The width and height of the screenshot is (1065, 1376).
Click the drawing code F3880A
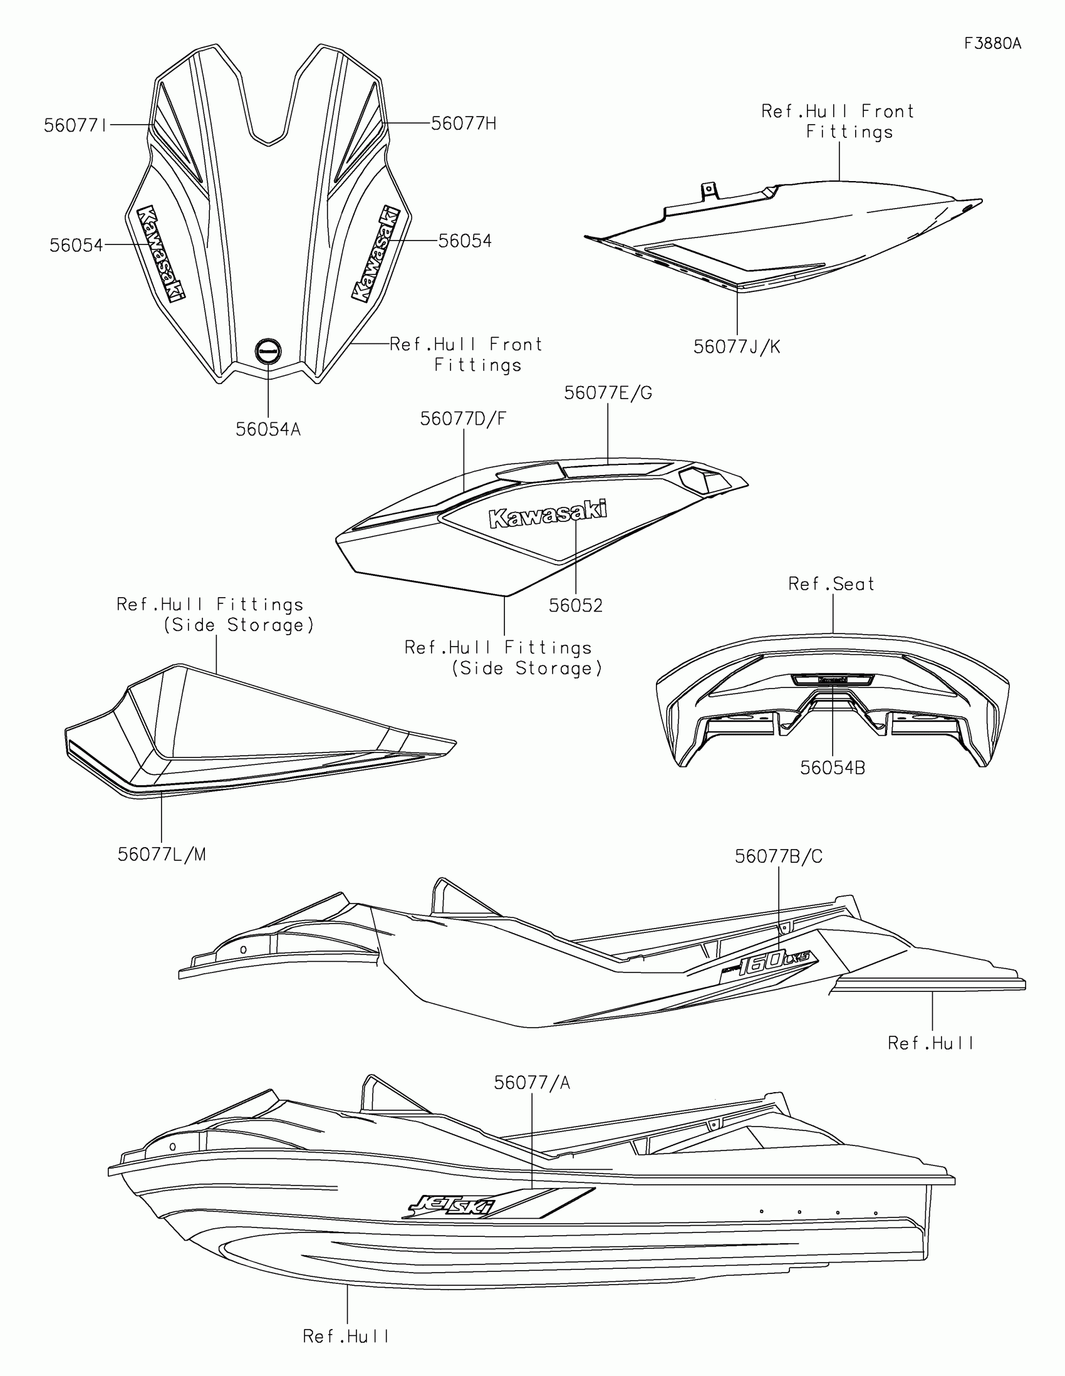pyautogui.click(x=992, y=43)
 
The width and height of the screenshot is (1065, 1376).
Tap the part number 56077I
pyautogui.click(x=76, y=125)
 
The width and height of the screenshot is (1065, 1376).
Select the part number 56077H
pyautogui.click(x=464, y=123)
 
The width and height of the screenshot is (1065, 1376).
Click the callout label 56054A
pyautogui.click(x=268, y=430)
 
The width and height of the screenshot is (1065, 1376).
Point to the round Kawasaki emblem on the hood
pyautogui.click(x=268, y=352)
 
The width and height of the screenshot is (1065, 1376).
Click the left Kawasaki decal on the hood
pyautogui.click(x=161, y=253)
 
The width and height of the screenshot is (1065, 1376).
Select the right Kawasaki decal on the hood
pyautogui.click(x=376, y=253)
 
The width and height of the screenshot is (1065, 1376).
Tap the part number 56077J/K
pyautogui.click(x=736, y=347)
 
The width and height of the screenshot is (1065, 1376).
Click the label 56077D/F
pyautogui.click(x=463, y=419)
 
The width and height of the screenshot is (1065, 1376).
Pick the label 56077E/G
pyautogui.click(x=608, y=393)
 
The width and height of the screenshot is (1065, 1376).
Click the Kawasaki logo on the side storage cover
pyautogui.click(x=548, y=514)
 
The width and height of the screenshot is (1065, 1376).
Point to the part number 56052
pyautogui.click(x=576, y=605)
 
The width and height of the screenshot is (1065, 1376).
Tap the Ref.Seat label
pyautogui.click(x=831, y=584)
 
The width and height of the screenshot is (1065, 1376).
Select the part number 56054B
pyautogui.click(x=832, y=768)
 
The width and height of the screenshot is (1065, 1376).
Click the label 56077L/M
pyautogui.click(x=162, y=854)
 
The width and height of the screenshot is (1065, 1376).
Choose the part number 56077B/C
pyautogui.click(x=779, y=856)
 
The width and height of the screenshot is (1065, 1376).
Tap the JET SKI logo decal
pyautogui.click(x=451, y=1206)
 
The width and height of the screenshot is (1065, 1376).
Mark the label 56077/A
pyautogui.click(x=531, y=1082)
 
